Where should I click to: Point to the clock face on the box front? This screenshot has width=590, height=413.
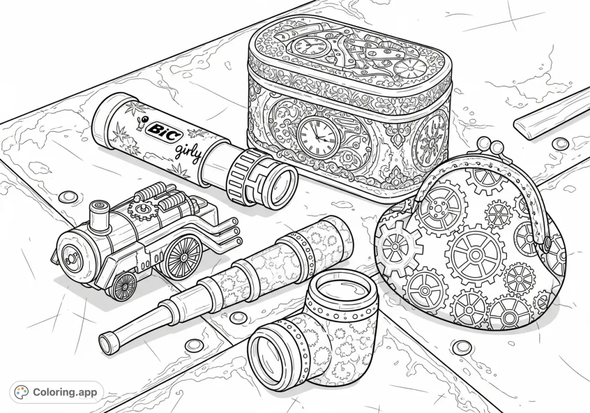click(316, 138)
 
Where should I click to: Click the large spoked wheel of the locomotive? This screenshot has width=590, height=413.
click(183, 257)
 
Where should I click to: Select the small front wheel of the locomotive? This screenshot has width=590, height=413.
click(124, 286)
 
